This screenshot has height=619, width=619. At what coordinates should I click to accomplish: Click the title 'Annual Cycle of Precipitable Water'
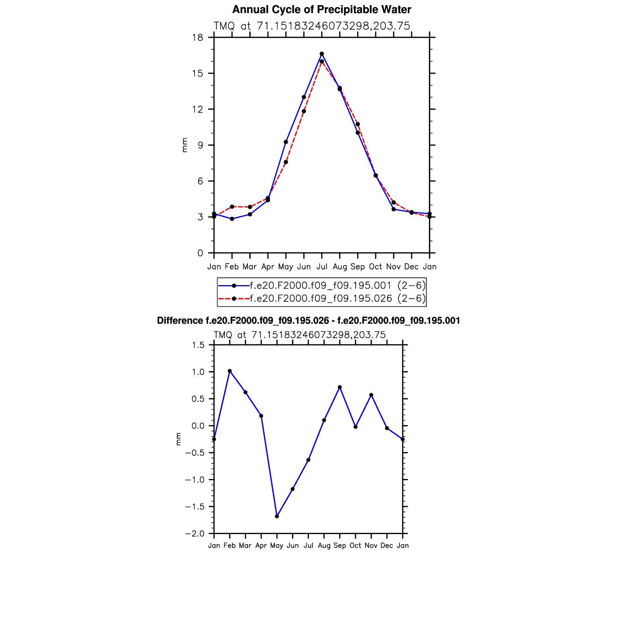[x=321, y=9]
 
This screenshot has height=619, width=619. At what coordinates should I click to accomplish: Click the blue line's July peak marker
[x=322, y=54]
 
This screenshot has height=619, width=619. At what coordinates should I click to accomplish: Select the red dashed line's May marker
[x=286, y=162]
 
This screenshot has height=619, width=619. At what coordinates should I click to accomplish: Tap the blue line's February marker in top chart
[x=232, y=219]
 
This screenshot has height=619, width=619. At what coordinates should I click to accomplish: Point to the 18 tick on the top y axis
[x=198, y=37]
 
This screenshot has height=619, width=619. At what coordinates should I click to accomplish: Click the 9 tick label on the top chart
[x=200, y=145]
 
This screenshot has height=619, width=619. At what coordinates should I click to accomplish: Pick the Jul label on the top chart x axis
[x=322, y=267]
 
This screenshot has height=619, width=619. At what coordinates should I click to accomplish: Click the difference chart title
[x=308, y=321]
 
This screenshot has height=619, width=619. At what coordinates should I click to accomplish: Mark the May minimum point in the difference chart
[x=277, y=516]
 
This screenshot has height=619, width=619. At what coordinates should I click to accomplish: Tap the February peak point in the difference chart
[x=230, y=371]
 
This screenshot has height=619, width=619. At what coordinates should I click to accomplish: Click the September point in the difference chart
[x=340, y=387]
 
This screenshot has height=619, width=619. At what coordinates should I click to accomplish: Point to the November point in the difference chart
[x=371, y=395]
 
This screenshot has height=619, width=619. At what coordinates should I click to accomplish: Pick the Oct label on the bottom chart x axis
[x=356, y=545]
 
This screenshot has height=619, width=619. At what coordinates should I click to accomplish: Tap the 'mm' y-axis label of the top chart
[x=185, y=145]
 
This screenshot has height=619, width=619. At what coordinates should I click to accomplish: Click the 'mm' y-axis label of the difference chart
[x=179, y=439]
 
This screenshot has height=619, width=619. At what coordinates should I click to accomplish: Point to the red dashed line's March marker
[x=250, y=207]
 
